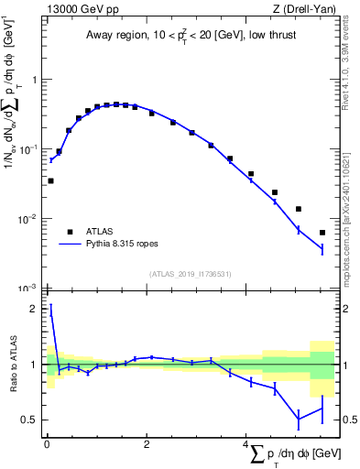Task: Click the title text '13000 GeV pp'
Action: pyautogui.click(x=79, y=9)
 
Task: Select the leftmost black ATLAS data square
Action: pyautogui.click(x=50, y=180)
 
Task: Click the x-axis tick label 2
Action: pyautogui.click(x=147, y=444)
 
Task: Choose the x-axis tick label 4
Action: pyautogui.click(x=245, y=444)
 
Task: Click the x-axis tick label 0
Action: pyautogui.click(x=47, y=444)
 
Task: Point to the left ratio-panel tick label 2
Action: pyautogui.click(x=34, y=310)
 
